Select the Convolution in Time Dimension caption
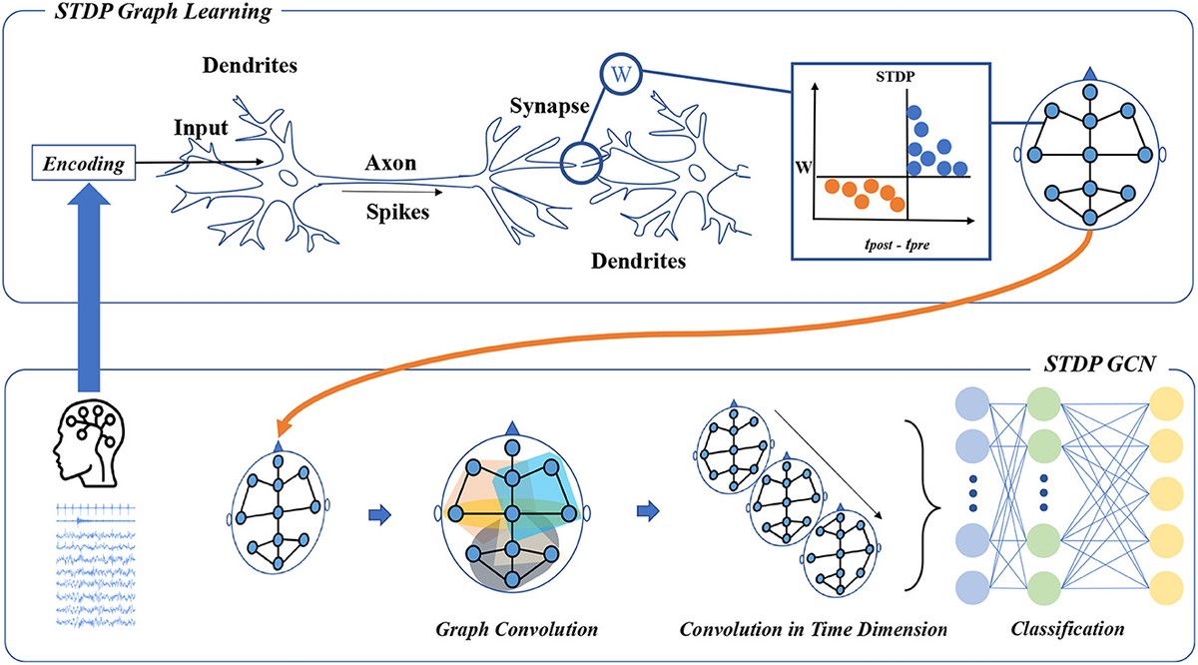[813, 631]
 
